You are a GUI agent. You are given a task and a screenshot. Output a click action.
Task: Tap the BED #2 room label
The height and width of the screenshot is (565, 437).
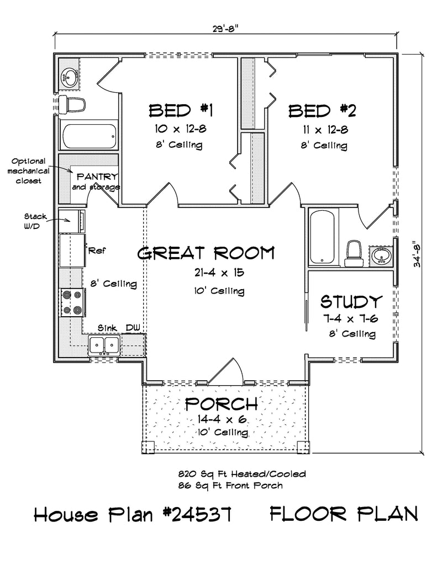tap(323, 111)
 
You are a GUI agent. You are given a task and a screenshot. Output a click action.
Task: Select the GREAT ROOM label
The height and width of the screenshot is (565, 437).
tap(206, 254)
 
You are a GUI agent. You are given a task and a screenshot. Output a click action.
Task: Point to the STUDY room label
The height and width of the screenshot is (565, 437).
tap(351, 302)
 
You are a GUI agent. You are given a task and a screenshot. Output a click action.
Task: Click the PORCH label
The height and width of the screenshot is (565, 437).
tap(220, 404)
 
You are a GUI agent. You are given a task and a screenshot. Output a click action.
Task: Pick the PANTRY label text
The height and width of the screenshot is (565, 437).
tap(97, 177)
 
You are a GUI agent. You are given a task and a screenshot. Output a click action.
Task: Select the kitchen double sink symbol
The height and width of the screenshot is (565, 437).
tap(104, 345)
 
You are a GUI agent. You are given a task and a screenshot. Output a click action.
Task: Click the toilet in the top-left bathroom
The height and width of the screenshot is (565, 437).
tap(74, 104)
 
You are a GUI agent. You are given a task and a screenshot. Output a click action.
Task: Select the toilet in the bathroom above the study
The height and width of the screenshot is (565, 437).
tap(352, 252)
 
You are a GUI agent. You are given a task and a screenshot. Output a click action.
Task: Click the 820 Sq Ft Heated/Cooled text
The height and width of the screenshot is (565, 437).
tap(241, 474)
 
